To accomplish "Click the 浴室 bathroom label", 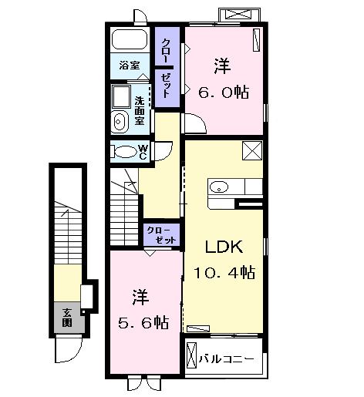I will point(129,66).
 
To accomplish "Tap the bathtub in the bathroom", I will point(130,41).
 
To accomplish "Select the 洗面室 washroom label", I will point(140,111).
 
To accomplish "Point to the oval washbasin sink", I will point(120,120).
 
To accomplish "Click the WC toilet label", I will point(143,151).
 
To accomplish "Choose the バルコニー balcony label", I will point(227,358).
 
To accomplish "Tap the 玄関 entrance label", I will point(67,316).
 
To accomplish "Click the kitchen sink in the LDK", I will point(217,186).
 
